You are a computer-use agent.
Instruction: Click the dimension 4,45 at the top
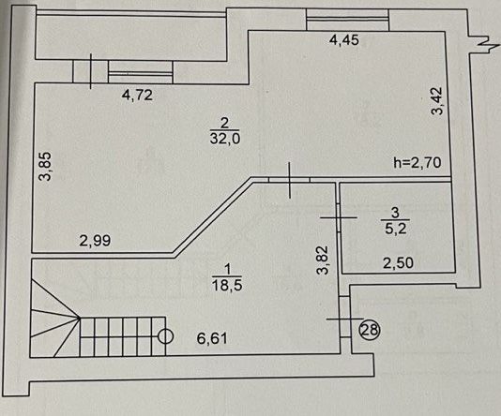pos(344,40)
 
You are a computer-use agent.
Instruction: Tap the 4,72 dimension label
pos(137,95)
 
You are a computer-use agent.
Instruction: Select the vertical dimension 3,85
pos(45,166)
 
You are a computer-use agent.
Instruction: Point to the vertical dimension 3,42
pos(437,101)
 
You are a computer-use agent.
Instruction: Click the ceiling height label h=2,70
pos(417,162)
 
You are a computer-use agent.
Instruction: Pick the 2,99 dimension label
pos(95,241)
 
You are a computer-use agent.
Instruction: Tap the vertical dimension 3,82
pos(323,260)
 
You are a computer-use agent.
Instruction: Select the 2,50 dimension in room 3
pos(398,263)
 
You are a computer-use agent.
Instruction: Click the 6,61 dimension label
pos(212,338)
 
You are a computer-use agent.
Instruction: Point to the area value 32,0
pos(225,139)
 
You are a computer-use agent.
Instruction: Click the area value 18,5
pos(227,284)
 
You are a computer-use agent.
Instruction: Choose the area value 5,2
pos(396,229)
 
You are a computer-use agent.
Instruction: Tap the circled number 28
pos(370,330)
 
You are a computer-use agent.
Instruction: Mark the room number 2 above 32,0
pos(225,123)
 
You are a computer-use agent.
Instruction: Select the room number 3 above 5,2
pos(395,213)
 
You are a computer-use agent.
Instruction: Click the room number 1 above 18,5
pos(227,270)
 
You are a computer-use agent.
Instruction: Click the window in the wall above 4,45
pos(347,20)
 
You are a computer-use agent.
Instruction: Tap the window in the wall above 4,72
pos(141,72)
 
